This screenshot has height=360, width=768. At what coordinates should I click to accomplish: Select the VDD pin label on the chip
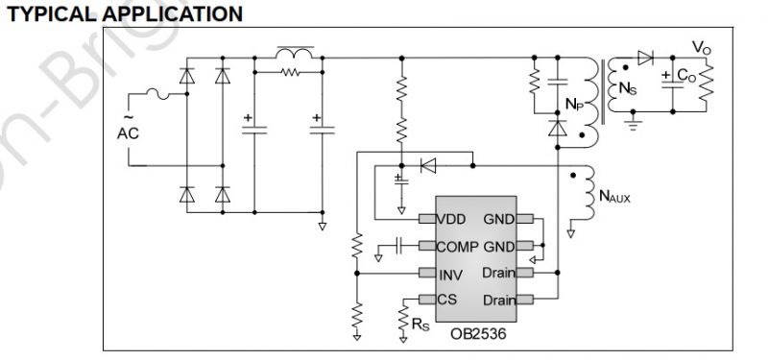[x=455, y=219]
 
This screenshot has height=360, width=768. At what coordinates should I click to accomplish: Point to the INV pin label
[x=451, y=275]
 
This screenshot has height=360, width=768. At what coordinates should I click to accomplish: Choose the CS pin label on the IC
[x=448, y=300]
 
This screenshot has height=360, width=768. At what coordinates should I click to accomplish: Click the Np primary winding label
[x=573, y=102]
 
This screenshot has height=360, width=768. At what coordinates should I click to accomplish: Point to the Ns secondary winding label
[x=627, y=90]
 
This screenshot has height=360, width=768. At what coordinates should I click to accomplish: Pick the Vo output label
[x=703, y=46]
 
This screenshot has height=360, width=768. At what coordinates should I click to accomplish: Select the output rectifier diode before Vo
[x=645, y=57]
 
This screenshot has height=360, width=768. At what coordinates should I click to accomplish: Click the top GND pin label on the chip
[x=498, y=219]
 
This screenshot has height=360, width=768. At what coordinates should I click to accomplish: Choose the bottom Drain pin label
[x=496, y=300]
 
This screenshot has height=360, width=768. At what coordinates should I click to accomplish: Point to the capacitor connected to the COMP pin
[x=399, y=247]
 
